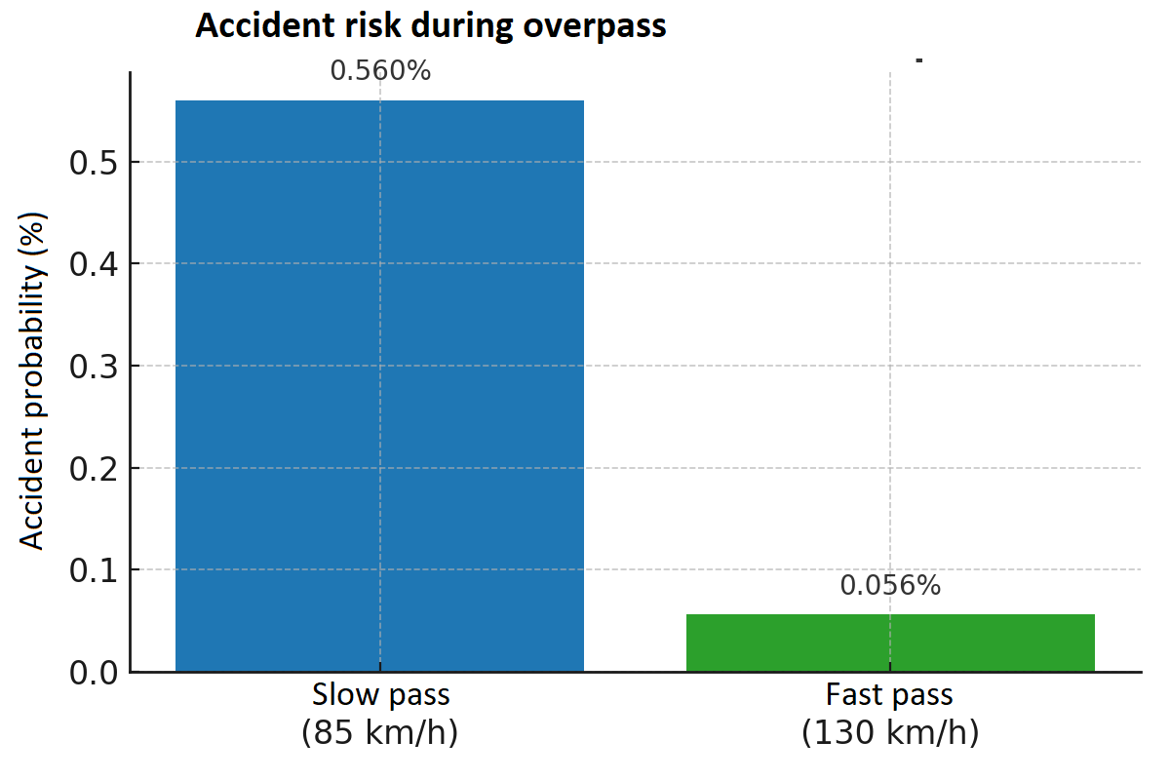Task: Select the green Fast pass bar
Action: [x=890, y=643]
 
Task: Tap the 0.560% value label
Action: [x=380, y=71]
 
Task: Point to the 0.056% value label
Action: [x=890, y=586]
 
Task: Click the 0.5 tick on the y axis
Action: [x=95, y=162]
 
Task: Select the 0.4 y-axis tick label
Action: [x=95, y=264]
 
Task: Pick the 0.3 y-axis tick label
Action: [x=95, y=367]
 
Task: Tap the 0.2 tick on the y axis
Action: [x=95, y=469]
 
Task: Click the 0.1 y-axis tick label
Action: [x=95, y=570]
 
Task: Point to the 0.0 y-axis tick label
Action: [x=95, y=673]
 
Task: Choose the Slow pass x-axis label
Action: [x=380, y=696]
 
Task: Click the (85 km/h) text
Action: [x=380, y=732]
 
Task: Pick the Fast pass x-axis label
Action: [x=889, y=696]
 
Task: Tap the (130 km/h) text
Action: [x=889, y=732]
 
